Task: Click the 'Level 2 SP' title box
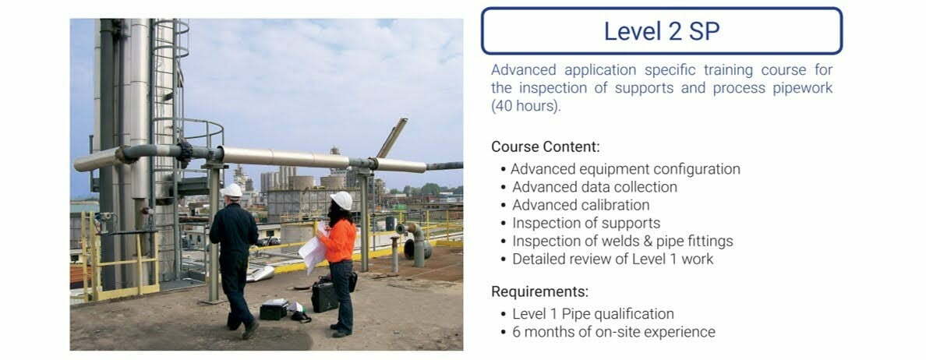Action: tap(661, 31)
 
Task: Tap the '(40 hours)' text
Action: tap(525, 106)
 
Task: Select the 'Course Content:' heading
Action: tap(545, 146)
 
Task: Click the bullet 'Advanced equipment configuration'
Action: tap(626, 169)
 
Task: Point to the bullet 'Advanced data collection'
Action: tap(595, 187)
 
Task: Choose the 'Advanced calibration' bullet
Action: tap(581, 205)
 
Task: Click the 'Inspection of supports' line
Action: tap(586, 223)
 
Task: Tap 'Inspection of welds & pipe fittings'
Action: tap(622, 241)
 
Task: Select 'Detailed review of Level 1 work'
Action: tap(613, 259)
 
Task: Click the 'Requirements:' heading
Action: tap(539, 292)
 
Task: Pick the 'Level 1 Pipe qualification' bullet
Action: tap(592, 314)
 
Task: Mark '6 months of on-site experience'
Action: tap(613, 332)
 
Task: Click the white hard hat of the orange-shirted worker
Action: tap(341, 200)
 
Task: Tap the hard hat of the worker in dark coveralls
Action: tap(231, 190)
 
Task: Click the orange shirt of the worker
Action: tap(340, 238)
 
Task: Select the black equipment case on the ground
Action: tap(324, 297)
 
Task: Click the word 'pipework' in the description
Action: tap(801, 88)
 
